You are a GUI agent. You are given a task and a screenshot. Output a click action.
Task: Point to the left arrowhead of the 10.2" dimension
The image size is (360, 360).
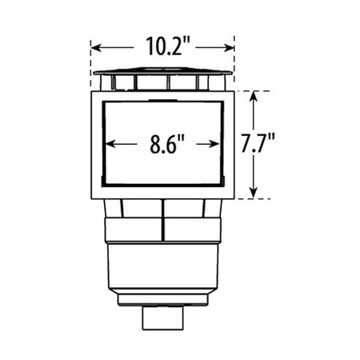pyautogui.click(x=94, y=46)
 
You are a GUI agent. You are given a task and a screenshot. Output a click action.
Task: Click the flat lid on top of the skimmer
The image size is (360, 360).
pyautogui.click(x=162, y=73)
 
